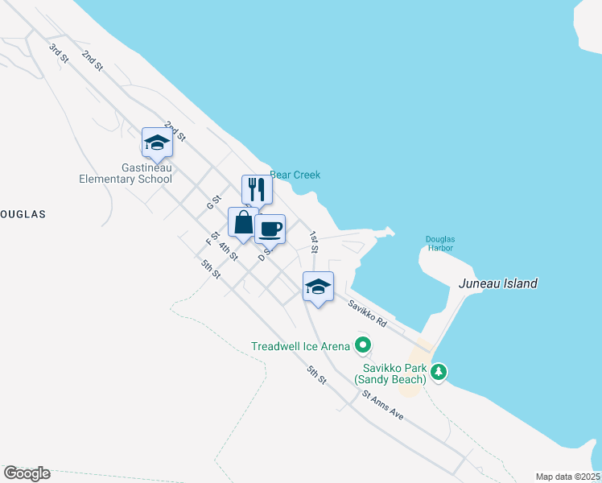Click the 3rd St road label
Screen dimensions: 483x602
[57, 52]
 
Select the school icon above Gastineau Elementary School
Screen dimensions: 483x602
[156, 143]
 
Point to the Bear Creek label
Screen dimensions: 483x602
[295, 175]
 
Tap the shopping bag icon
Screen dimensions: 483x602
[243, 222]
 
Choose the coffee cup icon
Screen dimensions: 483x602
[270, 229]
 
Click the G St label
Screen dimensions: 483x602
[213, 201]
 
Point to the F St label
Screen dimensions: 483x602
[212, 238]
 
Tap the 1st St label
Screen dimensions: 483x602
[315, 242]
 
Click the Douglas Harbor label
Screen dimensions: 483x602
[440, 243]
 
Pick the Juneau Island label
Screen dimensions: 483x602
[497, 283]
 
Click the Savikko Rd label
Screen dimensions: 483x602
[367, 313]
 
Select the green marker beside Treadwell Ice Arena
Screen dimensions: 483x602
[363, 346]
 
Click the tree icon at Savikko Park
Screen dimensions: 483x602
[439, 372]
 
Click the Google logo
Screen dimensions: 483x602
[27, 473]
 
